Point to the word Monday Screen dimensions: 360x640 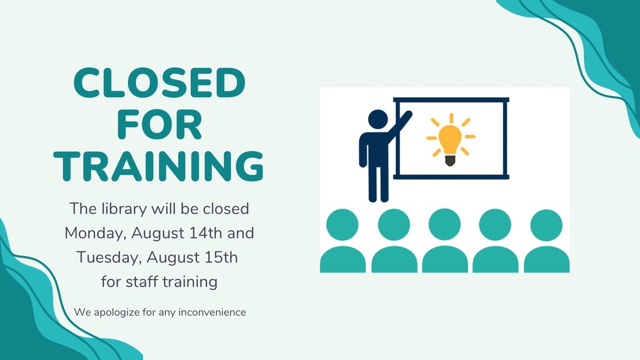click(94, 233)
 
